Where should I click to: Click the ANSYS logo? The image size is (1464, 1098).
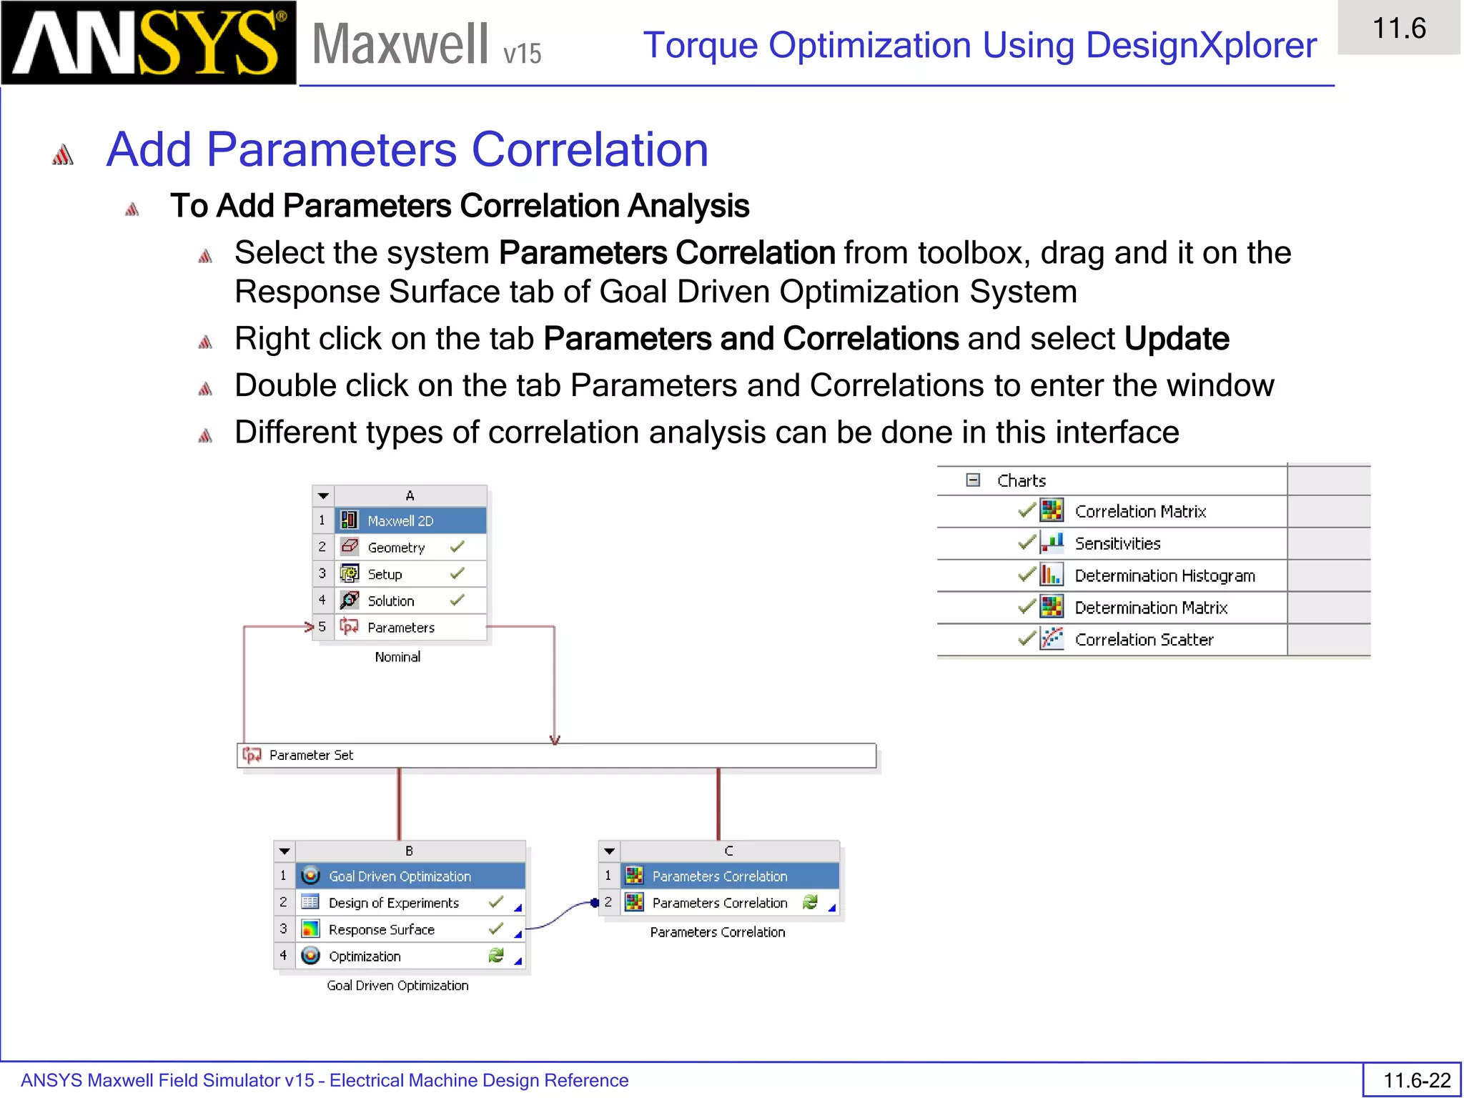(x=148, y=43)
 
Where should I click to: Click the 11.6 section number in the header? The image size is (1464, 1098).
(x=1398, y=29)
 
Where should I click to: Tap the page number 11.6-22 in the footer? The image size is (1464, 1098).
(x=1416, y=1080)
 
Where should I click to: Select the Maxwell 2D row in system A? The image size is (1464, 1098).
(x=400, y=520)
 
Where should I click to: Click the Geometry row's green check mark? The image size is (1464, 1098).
(x=457, y=547)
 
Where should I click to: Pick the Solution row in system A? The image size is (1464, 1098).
(x=390, y=601)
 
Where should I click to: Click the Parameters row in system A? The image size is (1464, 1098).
(x=400, y=628)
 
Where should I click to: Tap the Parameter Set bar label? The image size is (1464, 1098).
(x=310, y=755)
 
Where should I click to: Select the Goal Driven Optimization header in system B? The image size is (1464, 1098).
(x=399, y=876)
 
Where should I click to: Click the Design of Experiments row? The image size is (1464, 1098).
(x=393, y=903)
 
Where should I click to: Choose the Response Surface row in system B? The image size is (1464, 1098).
(x=381, y=929)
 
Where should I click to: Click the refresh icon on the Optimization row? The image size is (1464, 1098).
(x=496, y=956)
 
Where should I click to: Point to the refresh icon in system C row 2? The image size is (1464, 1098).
(x=810, y=902)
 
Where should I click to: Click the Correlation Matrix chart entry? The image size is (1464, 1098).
(x=1139, y=512)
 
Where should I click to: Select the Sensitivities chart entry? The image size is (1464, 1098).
(x=1117, y=544)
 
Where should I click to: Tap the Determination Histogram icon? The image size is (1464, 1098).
(x=1051, y=575)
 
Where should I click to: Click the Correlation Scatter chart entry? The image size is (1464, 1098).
(x=1143, y=640)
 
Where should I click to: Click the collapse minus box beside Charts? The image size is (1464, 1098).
(x=973, y=480)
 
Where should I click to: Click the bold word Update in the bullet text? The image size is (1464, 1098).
(x=1176, y=339)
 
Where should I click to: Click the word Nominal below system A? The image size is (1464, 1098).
(x=397, y=657)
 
